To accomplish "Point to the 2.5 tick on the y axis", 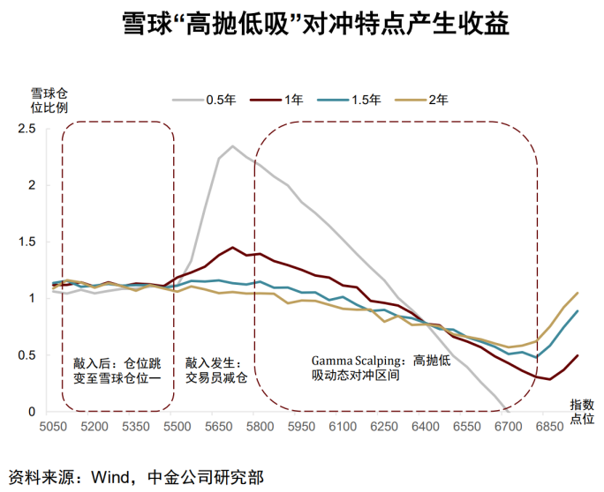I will [x=26, y=129].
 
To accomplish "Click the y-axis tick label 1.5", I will [x=26, y=242].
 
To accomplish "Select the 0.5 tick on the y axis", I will [x=26, y=355].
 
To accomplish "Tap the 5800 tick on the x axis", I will [x=260, y=426].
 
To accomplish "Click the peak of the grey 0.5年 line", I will [x=233, y=146].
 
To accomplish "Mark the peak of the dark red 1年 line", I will [x=232, y=248].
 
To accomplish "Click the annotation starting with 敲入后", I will [x=117, y=369].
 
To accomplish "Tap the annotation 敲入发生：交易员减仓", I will [x=215, y=369].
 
